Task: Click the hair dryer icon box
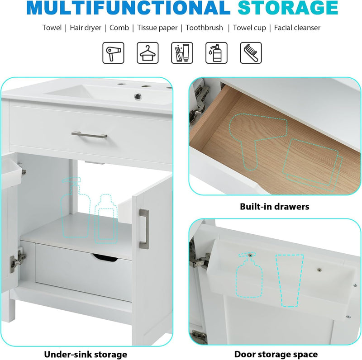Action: [x=113, y=53]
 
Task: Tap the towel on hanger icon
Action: [x=148, y=53]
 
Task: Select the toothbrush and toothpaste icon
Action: [x=182, y=53]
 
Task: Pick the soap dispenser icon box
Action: [x=216, y=53]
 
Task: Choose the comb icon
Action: [x=251, y=53]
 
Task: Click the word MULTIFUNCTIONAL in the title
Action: [x=129, y=8]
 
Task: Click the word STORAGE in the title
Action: [x=288, y=8]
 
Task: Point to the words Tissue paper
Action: [x=157, y=28]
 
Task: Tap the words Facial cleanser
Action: [x=297, y=28]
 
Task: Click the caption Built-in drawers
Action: [x=275, y=207]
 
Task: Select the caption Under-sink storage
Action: [x=86, y=354]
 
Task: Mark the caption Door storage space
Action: [x=276, y=354]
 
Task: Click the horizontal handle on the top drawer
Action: [x=89, y=135]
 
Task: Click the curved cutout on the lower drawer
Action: [x=105, y=257]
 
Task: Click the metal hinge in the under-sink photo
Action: [x=18, y=261]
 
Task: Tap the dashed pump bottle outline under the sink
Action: [x=75, y=208]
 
